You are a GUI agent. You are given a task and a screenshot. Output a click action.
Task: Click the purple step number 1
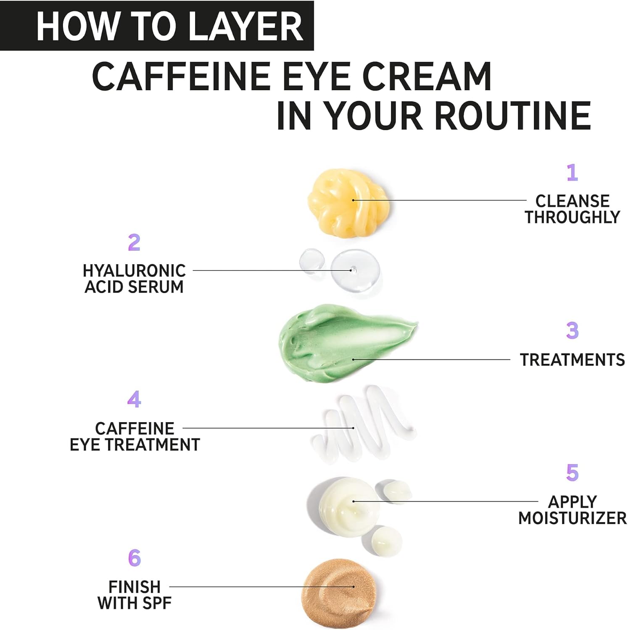click(572, 172)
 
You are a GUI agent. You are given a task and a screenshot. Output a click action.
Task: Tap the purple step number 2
click(134, 242)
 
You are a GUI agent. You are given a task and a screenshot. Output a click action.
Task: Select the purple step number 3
click(572, 331)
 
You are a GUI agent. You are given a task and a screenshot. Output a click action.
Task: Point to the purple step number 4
click(134, 399)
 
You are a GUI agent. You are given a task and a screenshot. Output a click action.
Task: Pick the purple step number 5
click(572, 472)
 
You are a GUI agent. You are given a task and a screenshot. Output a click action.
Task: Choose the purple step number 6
click(134, 558)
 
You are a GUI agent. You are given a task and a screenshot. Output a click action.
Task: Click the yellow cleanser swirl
click(348, 202)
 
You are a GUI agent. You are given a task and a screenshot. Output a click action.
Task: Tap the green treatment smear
click(347, 342)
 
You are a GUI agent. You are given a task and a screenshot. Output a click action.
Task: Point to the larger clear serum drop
click(355, 270)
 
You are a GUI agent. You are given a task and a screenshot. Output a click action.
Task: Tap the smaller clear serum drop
click(312, 261)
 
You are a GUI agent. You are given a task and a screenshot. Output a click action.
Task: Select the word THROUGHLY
click(572, 217)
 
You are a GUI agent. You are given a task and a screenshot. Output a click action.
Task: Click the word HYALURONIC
click(134, 271)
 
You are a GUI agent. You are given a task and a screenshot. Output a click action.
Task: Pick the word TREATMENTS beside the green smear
click(572, 360)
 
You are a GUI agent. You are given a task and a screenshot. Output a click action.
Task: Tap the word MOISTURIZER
click(572, 518)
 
